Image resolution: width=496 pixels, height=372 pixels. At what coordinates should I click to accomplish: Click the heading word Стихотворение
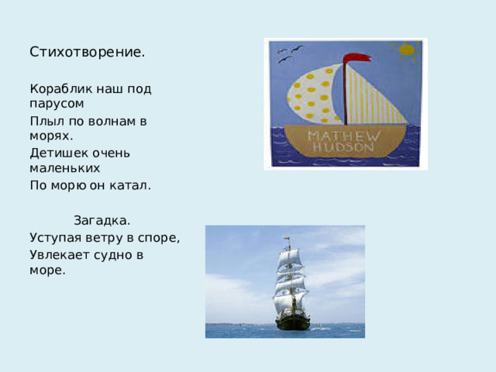(87, 53)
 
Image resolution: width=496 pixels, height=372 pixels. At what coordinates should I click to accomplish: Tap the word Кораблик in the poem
(57, 88)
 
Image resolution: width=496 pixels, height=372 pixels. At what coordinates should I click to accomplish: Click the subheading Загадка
(102, 221)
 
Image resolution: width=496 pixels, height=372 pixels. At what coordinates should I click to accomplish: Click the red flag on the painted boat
(356, 58)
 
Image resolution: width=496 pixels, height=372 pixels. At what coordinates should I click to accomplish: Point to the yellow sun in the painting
(406, 50)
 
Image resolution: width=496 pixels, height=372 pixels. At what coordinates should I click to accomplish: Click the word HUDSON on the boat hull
(346, 149)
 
